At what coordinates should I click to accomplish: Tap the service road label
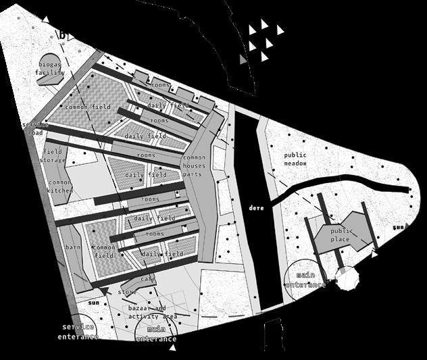(x=35, y=129)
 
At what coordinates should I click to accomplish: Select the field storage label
(x=53, y=156)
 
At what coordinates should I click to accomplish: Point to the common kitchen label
(x=59, y=186)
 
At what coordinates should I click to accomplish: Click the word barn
(x=72, y=248)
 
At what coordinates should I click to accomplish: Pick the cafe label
(x=149, y=279)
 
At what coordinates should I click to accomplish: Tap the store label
(x=127, y=292)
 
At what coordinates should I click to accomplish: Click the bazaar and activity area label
(x=152, y=312)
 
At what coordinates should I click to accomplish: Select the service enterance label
(x=78, y=332)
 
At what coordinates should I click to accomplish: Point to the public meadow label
(x=295, y=159)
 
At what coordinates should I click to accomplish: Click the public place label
(x=342, y=235)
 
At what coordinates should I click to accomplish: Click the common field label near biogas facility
(x=88, y=107)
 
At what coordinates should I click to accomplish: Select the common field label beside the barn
(x=103, y=252)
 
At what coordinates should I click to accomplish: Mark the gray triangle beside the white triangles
(x=244, y=60)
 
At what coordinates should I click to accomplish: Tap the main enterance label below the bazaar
(x=156, y=334)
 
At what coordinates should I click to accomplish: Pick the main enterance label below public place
(x=305, y=280)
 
